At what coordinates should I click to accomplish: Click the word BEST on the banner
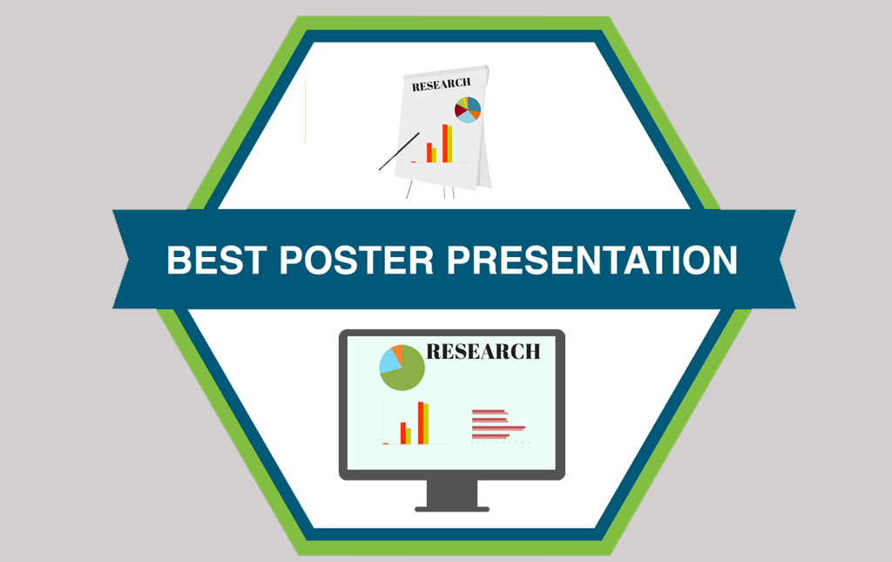(x=217, y=260)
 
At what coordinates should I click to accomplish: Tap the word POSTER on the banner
(x=356, y=260)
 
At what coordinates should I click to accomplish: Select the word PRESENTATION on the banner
(x=591, y=260)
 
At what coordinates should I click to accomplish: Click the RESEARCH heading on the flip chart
(x=442, y=85)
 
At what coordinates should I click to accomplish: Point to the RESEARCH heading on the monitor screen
(x=483, y=351)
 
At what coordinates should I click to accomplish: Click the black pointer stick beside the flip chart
(x=399, y=152)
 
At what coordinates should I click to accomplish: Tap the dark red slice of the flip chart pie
(x=460, y=109)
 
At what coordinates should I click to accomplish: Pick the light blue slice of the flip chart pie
(x=469, y=117)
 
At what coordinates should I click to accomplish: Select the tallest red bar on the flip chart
(x=445, y=144)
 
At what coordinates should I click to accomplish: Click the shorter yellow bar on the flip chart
(x=434, y=155)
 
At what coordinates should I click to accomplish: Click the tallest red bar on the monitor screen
(x=421, y=423)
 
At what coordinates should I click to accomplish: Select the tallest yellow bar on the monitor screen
(x=426, y=423)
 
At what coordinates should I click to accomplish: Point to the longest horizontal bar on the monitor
(x=498, y=427)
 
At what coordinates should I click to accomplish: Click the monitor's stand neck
(x=452, y=492)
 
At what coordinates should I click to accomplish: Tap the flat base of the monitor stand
(x=452, y=509)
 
